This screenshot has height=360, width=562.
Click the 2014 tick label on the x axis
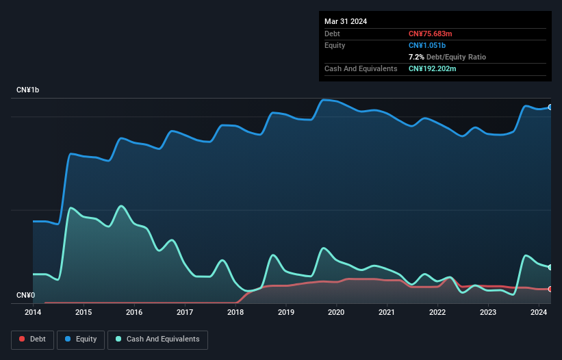coord(33,313)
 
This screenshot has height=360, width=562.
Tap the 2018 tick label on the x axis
coord(235,313)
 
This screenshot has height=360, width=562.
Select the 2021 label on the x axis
coord(387,313)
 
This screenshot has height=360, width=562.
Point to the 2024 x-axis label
coord(538,313)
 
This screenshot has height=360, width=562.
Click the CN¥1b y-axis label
coord(28,90)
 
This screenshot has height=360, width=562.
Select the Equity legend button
coord(80,339)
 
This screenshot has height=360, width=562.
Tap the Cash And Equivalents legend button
coord(157,339)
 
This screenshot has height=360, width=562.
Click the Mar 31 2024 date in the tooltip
coord(346,21)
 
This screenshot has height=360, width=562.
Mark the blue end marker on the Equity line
coord(550,107)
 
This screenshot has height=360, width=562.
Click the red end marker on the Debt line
coord(550,289)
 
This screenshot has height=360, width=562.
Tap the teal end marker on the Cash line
coord(550,267)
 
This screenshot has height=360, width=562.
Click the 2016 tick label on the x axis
coord(134,313)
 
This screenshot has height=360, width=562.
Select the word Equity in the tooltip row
coord(335,45)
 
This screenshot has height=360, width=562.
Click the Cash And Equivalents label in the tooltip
coord(361,68)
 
